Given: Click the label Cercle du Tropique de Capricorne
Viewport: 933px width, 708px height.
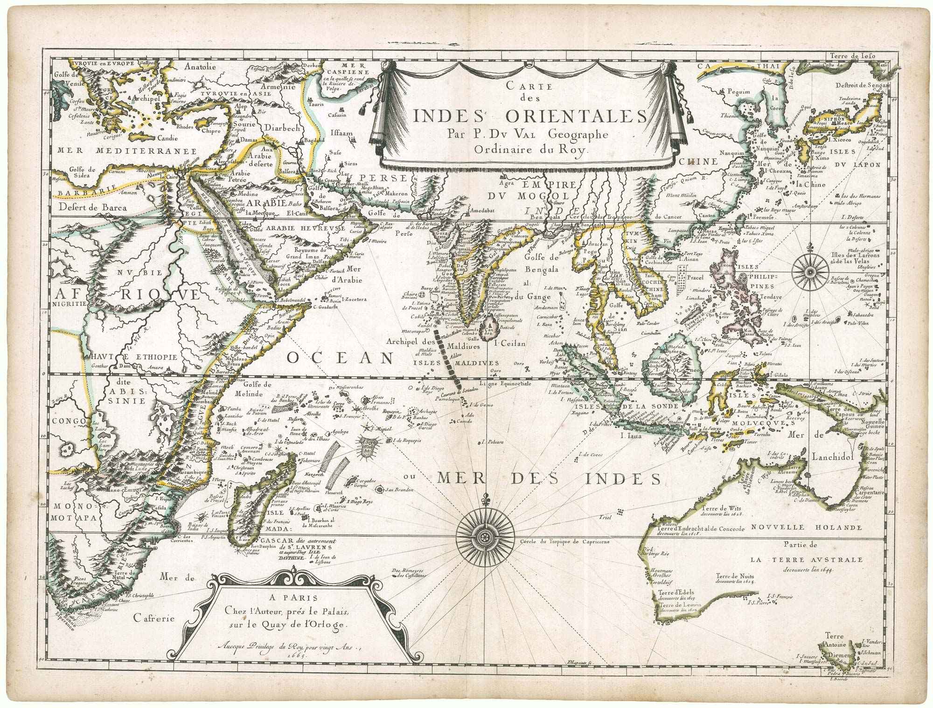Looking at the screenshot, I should (x=563, y=542).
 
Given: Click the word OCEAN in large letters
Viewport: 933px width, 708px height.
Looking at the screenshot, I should (x=339, y=358).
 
